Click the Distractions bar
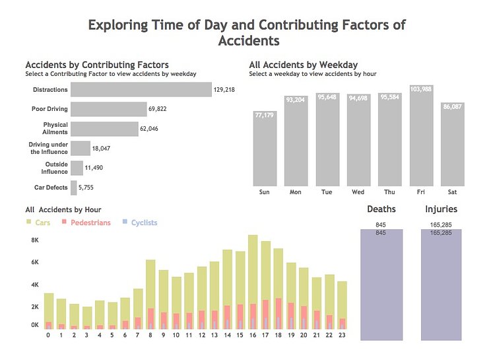pyautogui.click(x=141, y=89)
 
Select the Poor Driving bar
pyautogui.click(x=108, y=109)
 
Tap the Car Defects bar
pyautogui.click(x=74, y=188)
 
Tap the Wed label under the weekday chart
pyautogui.click(x=358, y=192)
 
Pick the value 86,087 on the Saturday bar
pyautogui.click(x=452, y=106)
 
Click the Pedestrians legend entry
pyautogui.click(x=85, y=223)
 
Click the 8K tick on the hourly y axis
pyautogui.click(x=35, y=240)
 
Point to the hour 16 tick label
pyautogui.click(x=252, y=335)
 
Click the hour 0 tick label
pyautogui.click(x=48, y=335)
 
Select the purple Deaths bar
pyautogui.click(x=381, y=284)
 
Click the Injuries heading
pyautogui.click(x=441, y=209)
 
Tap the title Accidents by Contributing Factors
pyautogui.click(x=96, y=65)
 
